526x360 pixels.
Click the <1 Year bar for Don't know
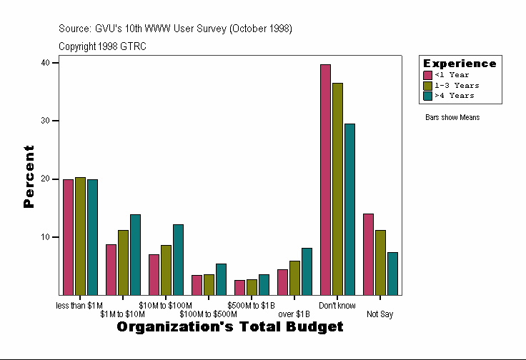[x=325, y=179]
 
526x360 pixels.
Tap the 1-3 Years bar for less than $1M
[x=80, y=236]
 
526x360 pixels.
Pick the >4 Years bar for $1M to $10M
[x=135, y=254]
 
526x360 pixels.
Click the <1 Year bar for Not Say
[x=368, y=254]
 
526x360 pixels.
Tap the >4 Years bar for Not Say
[x=392, y=274]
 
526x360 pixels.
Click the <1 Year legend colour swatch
[x=428, y=75]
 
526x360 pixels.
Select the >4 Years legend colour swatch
[x=428, y=95]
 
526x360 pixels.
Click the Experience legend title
[x=460, y=64]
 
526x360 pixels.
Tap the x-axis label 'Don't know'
[x=337, y=306]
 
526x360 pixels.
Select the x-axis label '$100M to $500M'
[x=208, y=314]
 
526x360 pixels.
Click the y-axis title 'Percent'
[x=29, y=176]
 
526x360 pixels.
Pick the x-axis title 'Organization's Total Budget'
[x=229, y=327]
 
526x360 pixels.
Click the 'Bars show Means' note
[x=452, y=117]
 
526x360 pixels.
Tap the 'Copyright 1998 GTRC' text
[x=102, y=46]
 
